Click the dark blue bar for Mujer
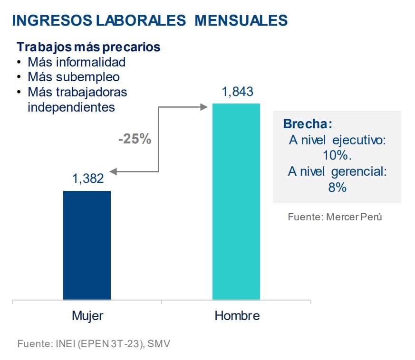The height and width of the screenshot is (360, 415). pos(87,245)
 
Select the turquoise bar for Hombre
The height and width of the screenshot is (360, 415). pos(236,201)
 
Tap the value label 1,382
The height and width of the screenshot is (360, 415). pos(88,179)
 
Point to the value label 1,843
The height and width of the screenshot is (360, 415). pos(237,92)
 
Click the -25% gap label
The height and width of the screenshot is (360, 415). pos(135,140)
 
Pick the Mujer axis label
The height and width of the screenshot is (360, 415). pos(87,316)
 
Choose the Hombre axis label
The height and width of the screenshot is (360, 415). pos(237,316)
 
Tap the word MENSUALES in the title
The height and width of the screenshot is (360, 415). pos(241,20)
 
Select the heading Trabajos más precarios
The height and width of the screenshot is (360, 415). pos(88,47)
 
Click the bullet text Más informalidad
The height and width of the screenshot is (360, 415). pos(77,62)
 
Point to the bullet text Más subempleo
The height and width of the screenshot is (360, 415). pos(74,77)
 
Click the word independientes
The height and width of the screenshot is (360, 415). pos(71,107)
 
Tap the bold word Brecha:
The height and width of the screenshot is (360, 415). pos(308,124)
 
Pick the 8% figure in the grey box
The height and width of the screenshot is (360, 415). pos(337,188)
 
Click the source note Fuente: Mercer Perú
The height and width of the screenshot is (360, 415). pos(335,217)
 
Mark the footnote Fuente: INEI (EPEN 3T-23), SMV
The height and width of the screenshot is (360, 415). pos(93,343)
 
